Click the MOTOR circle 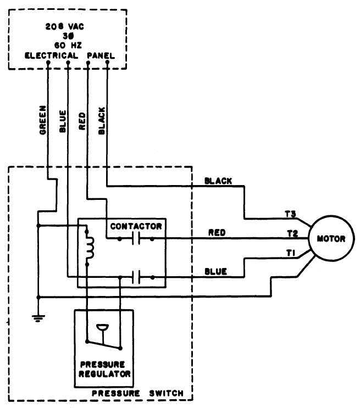[331, 239]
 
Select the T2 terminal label [292, 233]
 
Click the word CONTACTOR [136, 226]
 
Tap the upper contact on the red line [135, 239]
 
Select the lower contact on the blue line [135, 278]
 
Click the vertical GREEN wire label [42, 120]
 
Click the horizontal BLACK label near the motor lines [218, 181]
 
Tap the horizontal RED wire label [218, 233]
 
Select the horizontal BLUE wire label [216, 271]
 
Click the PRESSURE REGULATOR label [104, 368]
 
